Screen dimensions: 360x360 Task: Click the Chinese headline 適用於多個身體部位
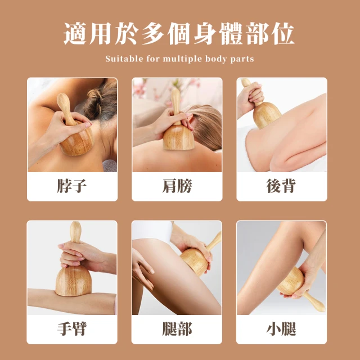point(179,34)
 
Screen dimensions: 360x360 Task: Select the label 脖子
point(72,186)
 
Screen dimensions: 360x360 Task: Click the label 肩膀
point(177,186)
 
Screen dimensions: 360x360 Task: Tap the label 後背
point(281,186)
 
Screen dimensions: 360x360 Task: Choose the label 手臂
point(72,328)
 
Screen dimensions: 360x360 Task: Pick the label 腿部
point(177,328)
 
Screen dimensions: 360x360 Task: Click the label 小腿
point(281,328)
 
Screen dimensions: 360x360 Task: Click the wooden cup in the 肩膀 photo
point(179,137)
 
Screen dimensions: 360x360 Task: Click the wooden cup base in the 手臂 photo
point(74,281)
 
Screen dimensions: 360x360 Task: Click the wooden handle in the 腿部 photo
point(215,241)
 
